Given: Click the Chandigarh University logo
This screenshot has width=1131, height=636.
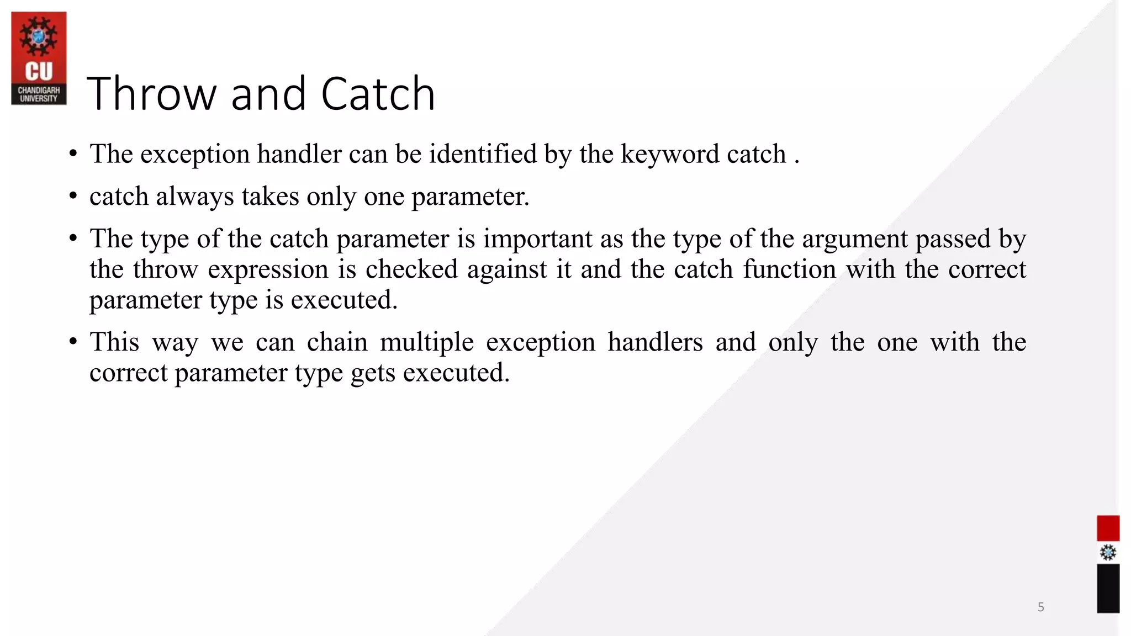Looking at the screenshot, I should click(39, 59).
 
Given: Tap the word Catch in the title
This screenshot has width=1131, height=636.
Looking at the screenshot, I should click(378, 94).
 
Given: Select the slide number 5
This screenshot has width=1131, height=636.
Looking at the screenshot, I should click(1040, 607).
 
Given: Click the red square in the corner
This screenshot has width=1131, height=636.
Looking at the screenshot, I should click(1108, 528).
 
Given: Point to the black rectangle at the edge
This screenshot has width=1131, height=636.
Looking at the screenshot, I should click(1108, 589).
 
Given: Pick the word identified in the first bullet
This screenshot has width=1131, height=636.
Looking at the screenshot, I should click(483, 154).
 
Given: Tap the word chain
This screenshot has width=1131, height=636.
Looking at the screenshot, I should click(337, 342).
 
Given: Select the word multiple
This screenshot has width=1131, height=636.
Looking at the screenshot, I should click(426, 343).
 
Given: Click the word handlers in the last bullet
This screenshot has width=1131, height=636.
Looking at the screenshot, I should click(655, 342).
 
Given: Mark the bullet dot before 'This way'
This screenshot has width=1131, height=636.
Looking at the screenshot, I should click(73, 342).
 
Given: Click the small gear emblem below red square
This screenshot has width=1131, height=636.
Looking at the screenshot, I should click(1108, 553).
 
